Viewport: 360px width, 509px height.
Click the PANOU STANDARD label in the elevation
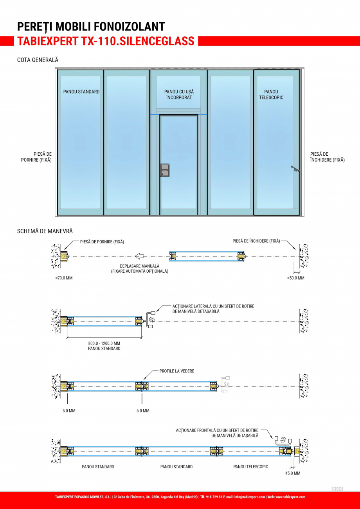pos(81,92)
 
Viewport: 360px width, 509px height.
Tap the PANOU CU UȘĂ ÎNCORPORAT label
pos(179,94)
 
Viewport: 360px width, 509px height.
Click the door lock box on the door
pos(165,170)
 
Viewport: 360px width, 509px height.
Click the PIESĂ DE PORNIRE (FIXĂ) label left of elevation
pos(36,157)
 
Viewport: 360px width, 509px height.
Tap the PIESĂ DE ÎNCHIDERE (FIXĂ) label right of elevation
pos(328,157)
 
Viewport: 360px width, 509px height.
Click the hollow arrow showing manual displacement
pos(139,257)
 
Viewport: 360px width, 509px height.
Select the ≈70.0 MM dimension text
pos(64,278)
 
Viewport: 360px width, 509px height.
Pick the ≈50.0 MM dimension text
pos(295,278)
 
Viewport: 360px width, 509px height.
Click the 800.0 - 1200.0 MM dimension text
pos(104,343)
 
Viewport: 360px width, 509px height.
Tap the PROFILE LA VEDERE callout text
pos(177,371)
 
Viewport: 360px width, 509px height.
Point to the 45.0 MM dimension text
pos(293,473)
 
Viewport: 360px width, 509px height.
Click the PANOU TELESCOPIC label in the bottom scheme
pos(251,467)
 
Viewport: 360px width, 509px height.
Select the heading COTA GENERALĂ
pos(38,60)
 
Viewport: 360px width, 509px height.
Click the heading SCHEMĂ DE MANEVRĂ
pos(45,231)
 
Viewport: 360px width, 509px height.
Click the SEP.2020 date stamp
pos(337,489)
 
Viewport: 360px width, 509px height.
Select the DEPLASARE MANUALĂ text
pos(140,266)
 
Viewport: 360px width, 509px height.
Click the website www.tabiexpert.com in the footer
pos(290,497)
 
